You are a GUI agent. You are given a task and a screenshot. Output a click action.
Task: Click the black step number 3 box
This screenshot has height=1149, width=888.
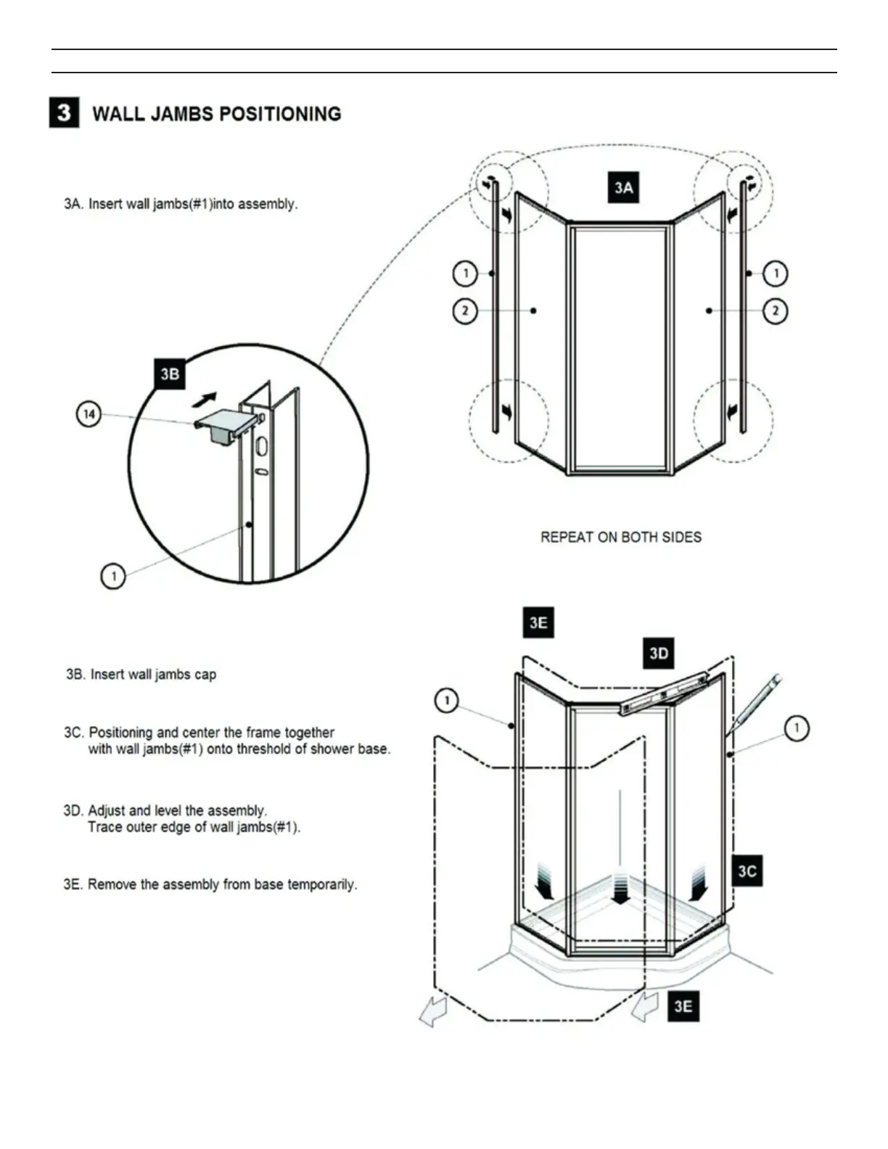pyautogui.click(x=64, y=113)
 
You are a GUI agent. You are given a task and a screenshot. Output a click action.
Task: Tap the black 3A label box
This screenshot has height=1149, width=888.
pyautogui.click(x=623, y=188)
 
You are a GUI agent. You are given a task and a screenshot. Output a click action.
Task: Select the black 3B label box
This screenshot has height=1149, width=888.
pyautogui.click(x=170, y=374)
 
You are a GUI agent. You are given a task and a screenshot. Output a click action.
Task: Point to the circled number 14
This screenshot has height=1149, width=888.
pyautogui.click(x=89, y=415)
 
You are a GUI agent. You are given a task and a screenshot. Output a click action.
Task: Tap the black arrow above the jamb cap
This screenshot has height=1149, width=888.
pyautogui.click(x=205, y=398)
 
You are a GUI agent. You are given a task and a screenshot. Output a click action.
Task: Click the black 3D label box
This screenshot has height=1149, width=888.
pyautogui.click(x=659, y=654)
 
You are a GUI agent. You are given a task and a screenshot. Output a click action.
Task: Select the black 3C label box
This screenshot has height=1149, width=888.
pyautogui.click(x=747, y=870)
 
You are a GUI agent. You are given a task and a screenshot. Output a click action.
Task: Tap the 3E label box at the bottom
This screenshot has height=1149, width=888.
pyautogui.click(x=683, y=1006)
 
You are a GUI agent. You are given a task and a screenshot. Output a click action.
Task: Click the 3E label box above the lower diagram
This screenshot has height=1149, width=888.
pyautogui.click(x=538, y=623)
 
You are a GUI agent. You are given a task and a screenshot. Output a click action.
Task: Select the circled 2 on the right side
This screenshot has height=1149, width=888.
pyautogui.click(x=776, y=311)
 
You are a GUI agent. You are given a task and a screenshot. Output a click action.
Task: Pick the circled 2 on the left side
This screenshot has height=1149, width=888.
pyautogui.click(x=465, y=311)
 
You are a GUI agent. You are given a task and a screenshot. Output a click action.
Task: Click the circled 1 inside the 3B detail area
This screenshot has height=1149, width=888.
pyautogui.click(x=113, y=577)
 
